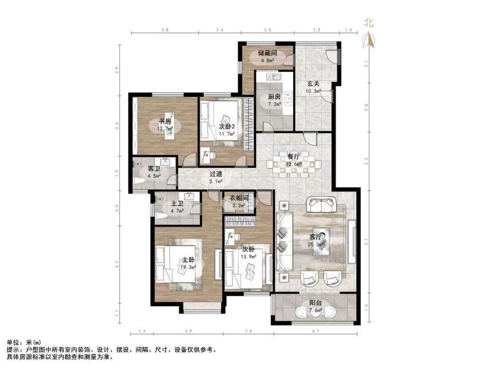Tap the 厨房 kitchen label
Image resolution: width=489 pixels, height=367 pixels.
274,96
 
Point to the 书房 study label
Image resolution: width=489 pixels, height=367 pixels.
165,121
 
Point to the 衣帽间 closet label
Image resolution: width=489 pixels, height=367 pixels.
238,198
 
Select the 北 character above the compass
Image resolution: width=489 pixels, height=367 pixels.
369,23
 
